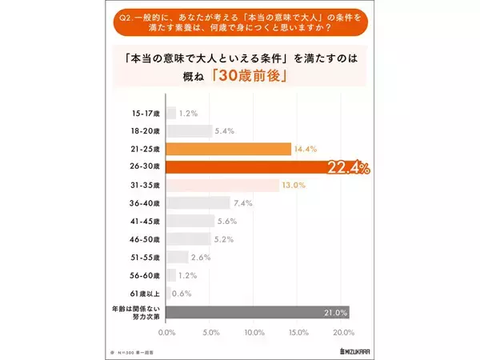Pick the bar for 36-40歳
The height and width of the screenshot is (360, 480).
pos(198,203)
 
